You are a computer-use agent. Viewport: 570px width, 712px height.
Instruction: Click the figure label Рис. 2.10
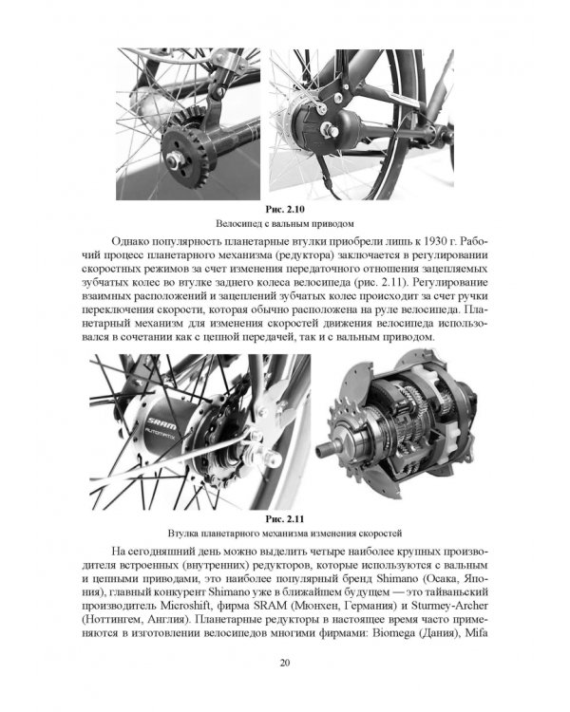click(285, 210)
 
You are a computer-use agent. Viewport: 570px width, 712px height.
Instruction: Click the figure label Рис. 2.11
click(285, 519)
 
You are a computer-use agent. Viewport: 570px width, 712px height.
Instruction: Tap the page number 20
click(285, 663)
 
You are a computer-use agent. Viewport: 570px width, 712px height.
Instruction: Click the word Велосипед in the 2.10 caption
click(237, 224)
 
